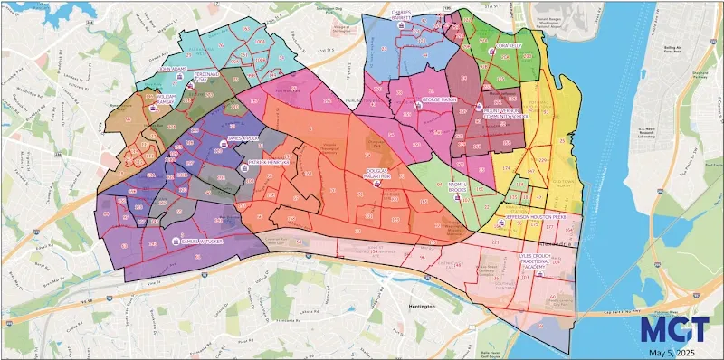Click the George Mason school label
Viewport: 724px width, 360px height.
(441, 99)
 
